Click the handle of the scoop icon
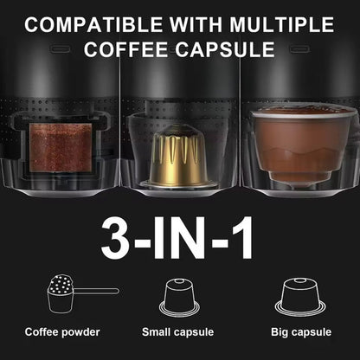coord(99,290)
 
